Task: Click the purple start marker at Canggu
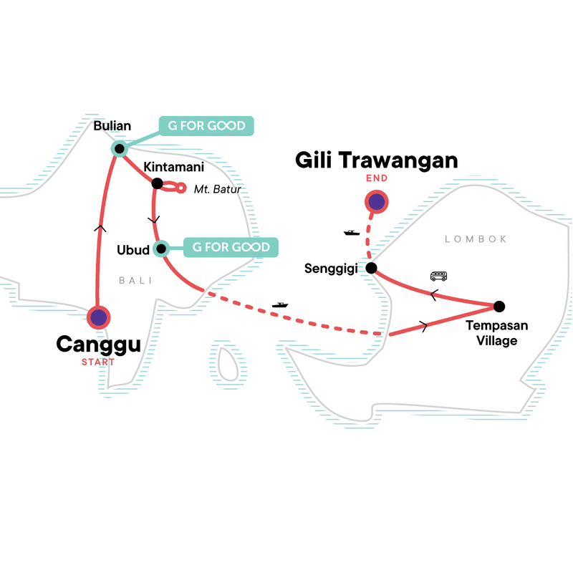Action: pyautogui.click(x=98, y=317)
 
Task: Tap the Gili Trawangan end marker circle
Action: pyautogui.click(x=377, y=202)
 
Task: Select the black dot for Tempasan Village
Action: pyautogui.click(x=499, y=307)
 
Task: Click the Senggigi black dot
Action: pyautogui.click(x=371, y=268)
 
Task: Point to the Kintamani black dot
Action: pyautogui.click(x=157, y=183)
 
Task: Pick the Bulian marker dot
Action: pyautogui.click(x=119, y=149)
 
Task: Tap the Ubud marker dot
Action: pyautogui.click(x=161, y=249)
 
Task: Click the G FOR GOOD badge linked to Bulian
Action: pyautogui.click(x=206, y=127)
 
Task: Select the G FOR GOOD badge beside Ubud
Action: pyautogui.click(x=231, y=247)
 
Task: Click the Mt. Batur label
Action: pyautogui.click(x=217, y=190)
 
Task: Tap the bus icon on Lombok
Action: pyautogui.click(x=438, y=276)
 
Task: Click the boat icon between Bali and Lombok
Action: pyautogui.click(x=279, y=305)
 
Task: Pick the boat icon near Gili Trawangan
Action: pyautogui.click(x=351, y=232)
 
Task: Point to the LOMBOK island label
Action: pyautogui.click(x=476, y=239)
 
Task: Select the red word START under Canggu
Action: pyautogui.click(x=98, y=362)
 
